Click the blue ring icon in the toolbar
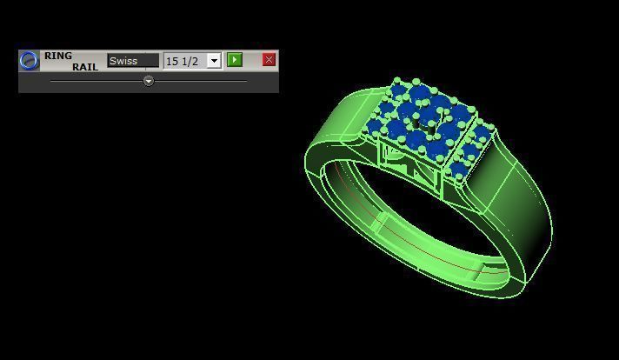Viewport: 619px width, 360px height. coord(29,60)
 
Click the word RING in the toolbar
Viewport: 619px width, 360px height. coord(58,56)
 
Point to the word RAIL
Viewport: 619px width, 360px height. coord(84,67)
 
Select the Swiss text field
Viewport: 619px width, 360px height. coord(133,61)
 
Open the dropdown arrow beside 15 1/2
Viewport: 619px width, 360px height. coord(214,61)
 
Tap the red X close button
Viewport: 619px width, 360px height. coord(269,59)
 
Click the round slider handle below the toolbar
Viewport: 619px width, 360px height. coord(149,81)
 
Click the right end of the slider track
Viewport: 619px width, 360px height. coord(246,81)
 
